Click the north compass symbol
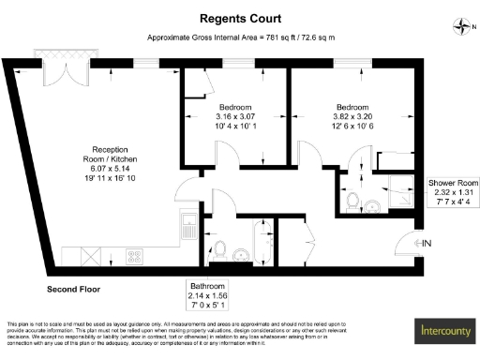pyautogui.click(x=458, y=25)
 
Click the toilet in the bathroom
pyautogui.click(x=219, y=249)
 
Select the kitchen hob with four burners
pyautogui.click(x=132, y=255)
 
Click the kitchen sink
pyautogui.click(x=188, y=227)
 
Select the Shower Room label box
pyautogui.click(x=454, y=192)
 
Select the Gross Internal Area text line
pyautogui.click(x=241, y=37)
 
